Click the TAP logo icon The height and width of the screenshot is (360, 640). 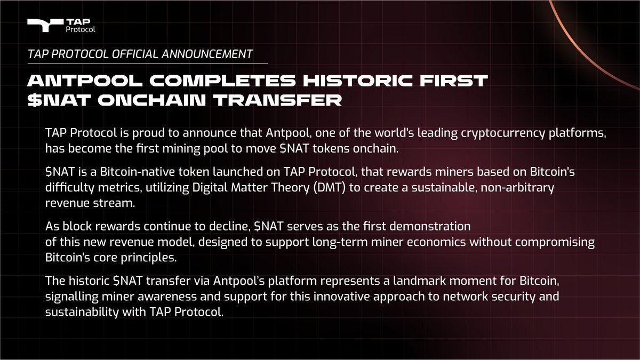click(45, 25)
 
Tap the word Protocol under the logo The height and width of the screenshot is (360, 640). click(81, 29)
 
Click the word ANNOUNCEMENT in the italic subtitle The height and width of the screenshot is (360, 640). click(207, 54)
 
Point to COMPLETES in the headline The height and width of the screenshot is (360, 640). click(222, 81)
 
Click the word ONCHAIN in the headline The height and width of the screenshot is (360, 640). click(151, 100)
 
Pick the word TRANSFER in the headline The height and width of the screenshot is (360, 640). click(277, 100)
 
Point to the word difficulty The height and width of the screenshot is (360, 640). click(70, 188)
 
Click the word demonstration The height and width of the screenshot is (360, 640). click(430, 227)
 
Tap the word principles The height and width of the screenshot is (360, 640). click(149, 258)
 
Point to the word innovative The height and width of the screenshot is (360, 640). click(341, 297)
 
